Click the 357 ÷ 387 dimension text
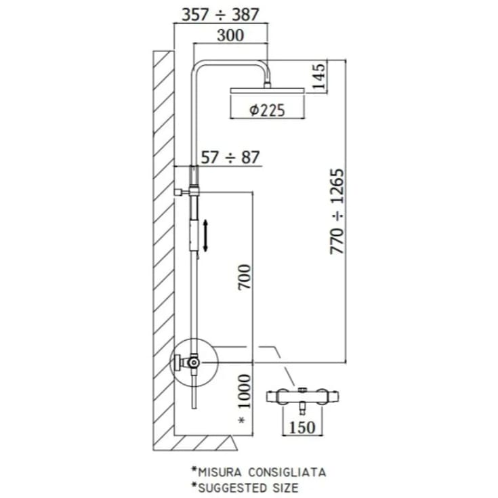pyautogui.click(x=220, y=15)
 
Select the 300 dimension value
pyautogui.click(x=230, y=35)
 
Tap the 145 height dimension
pyautogui.click(x=319, y=77)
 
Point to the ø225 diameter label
pyautogui.click(x=267, y=110)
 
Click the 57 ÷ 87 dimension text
pyautogui.click(x=230, y=157)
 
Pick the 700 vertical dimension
pyautogui.click(x=245, y=276)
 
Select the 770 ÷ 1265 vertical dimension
pyautogui.click(x=337, y=211)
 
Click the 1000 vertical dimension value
pyautogui.click(x=245, y=392)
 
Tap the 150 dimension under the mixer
pyautogui.click(x=302, y=427)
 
